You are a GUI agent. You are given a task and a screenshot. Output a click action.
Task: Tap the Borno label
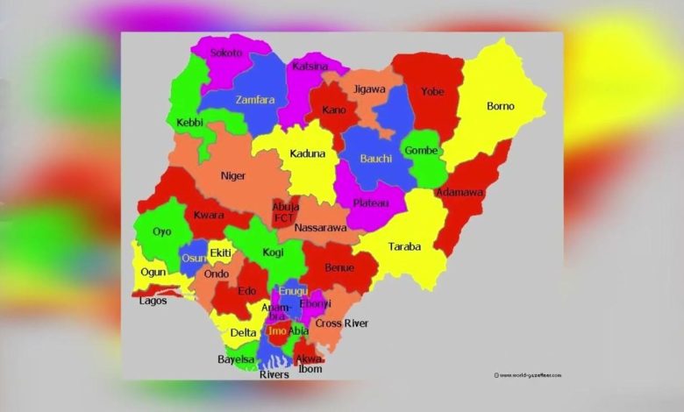tap(501, 107)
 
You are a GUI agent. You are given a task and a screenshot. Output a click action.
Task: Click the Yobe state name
tap(432, 91)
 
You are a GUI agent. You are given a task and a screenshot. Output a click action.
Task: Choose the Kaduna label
tap(308, 154)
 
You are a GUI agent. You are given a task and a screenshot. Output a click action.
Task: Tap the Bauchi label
tap(376, 160)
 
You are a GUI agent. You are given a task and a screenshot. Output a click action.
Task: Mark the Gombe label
tap(421, 150)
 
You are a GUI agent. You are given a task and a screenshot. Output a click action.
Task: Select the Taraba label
tap(404, 246)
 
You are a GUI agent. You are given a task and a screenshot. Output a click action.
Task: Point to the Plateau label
tap(370, 203)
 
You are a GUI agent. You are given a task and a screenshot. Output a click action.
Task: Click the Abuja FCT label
tap(285, 212)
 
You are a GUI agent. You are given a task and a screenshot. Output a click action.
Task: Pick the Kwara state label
tap(209, 216)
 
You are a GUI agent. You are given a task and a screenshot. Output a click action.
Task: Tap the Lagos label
tap(153, 301)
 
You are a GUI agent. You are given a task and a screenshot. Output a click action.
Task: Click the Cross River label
tap(342, 323)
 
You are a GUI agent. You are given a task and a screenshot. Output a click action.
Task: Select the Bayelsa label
tap(236, 359)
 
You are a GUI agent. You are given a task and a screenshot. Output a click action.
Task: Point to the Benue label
tap(339, 267)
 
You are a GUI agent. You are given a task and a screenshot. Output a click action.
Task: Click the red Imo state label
tap(277, 332)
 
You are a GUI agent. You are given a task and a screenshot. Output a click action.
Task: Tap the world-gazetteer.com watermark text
tap(531, 375)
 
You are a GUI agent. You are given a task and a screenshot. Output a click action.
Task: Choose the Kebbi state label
tap(191, 124)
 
